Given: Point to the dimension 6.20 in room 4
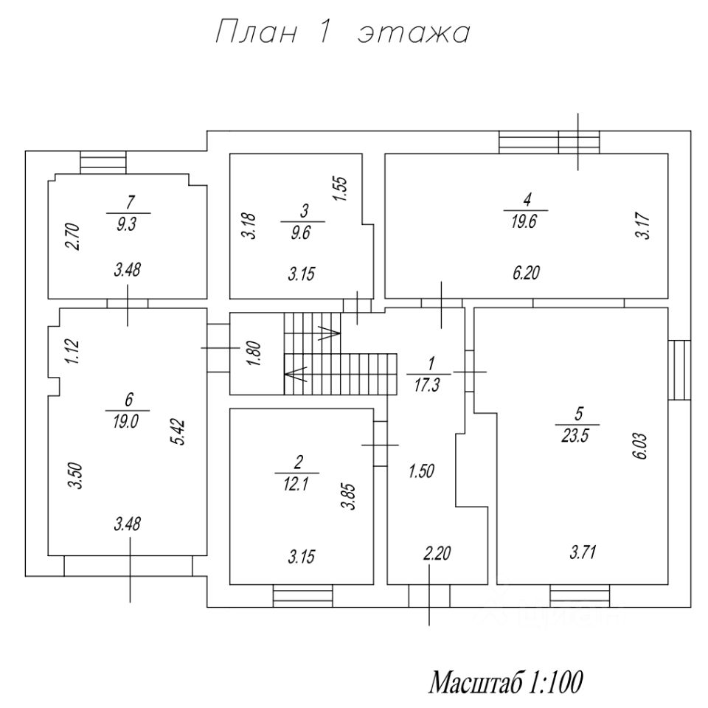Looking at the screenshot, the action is tap(526, 274).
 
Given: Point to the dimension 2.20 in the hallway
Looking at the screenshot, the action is tap(437, 552).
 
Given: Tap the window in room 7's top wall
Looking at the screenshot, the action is tap(103, 161).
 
